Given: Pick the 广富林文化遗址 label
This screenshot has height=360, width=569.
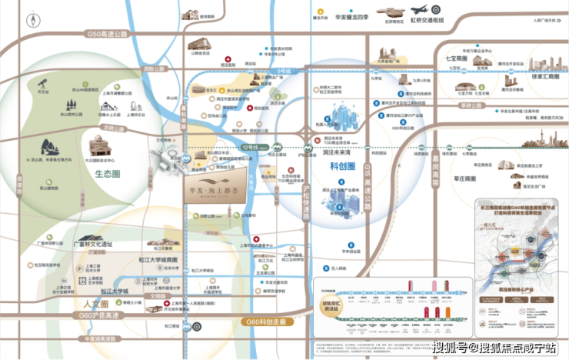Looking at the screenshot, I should pyautogui.click(x=92, y=244).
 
